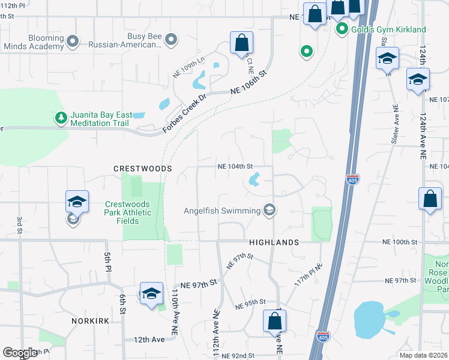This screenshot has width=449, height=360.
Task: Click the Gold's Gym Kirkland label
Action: click(x=388, y=29)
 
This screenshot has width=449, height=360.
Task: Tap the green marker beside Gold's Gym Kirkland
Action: click(x=342, y=29)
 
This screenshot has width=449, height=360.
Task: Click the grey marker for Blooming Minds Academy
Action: click(x=73, y=41)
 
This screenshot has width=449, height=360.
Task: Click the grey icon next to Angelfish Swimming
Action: click(x=270, y=210)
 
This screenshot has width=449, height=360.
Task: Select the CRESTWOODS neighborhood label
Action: click(x=143, y=169)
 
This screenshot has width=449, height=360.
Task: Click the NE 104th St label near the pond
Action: click(x=235, y=166)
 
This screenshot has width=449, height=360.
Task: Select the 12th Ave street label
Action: click(x=149, y=340)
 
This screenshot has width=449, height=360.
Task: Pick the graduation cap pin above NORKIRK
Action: click(x=151, y=293)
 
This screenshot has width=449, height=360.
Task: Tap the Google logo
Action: click(x=19, y=353)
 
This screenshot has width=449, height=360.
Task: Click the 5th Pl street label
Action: click(x=107, y=262)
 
